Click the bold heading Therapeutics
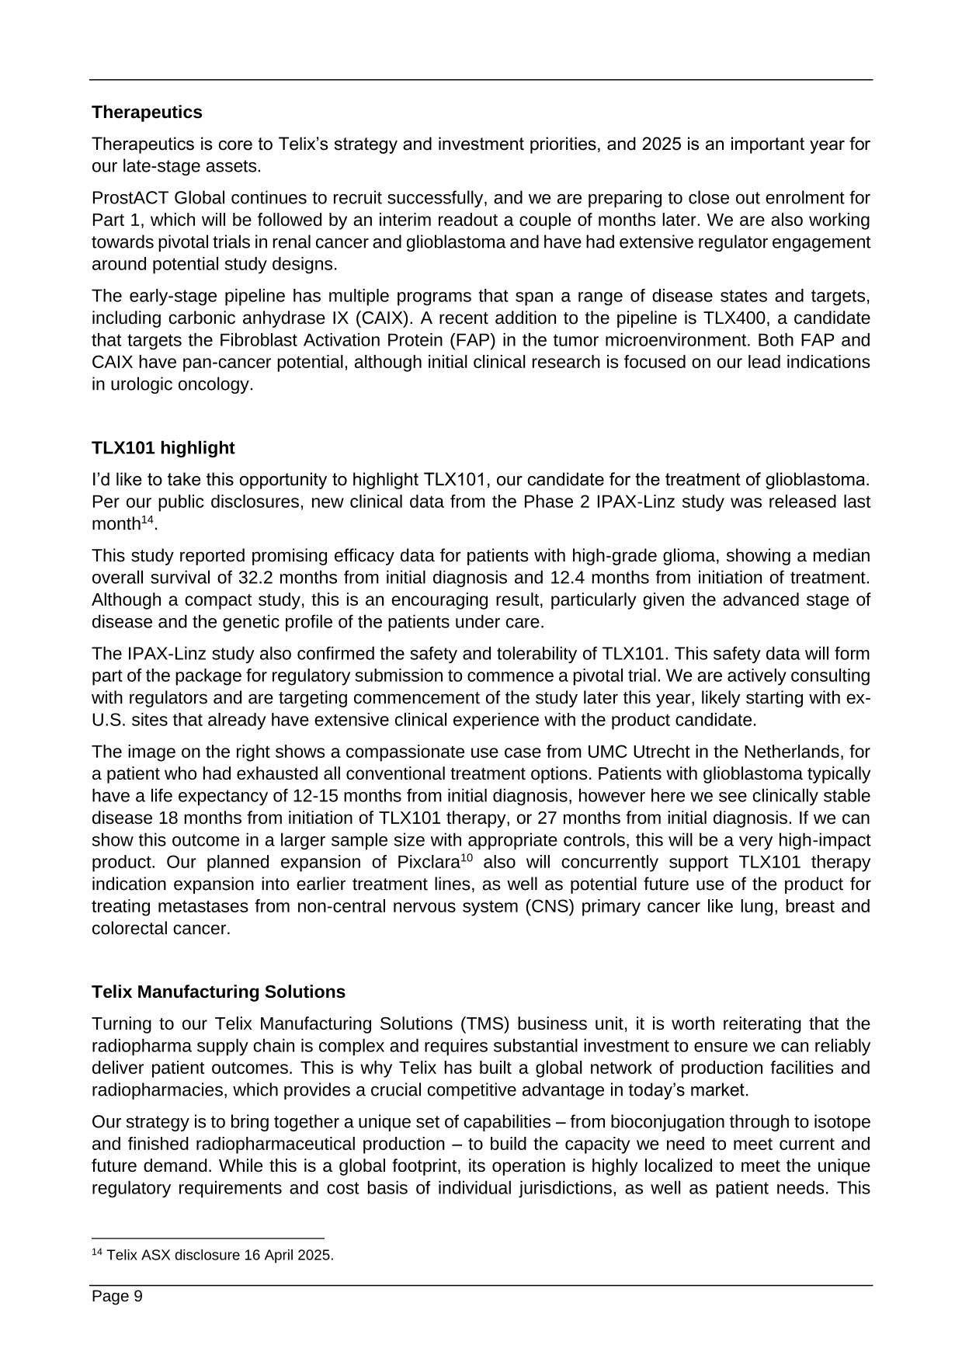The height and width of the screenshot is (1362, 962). (x=147, y=112)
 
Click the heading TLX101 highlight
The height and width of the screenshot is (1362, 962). (x=163, y=448)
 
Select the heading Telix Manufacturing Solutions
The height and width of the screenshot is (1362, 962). (x=218, y=992)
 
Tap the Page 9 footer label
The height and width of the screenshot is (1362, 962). (x=117, y=1296)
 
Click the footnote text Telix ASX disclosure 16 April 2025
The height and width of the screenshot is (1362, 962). (x=220, y=1255)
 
